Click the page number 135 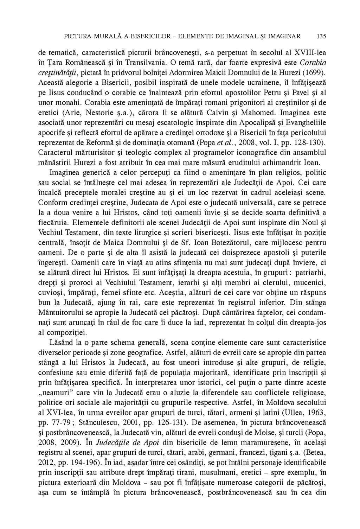321,36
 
